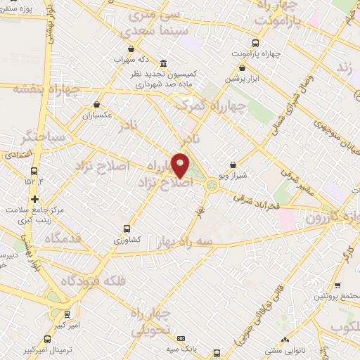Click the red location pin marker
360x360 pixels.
point(181,165)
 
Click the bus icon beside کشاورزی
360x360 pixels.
point(127,229)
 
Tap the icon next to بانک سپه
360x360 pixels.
point(181,339)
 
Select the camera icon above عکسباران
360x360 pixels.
point(97,104)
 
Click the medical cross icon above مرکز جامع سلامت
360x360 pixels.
point(34,199)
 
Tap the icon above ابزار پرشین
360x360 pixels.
point(243,67)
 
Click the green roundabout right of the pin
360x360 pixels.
point(212,185)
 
